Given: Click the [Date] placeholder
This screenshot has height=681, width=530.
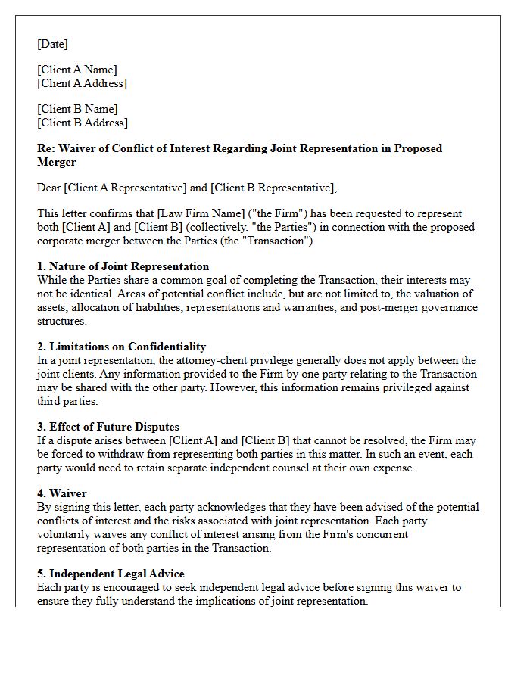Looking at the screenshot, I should pyautogui.click(x=52, y=44).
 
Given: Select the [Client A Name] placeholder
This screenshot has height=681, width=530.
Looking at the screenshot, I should pyautogui.click(x=77, y=70).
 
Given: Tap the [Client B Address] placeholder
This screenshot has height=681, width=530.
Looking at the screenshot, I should pyautogui.click(x=83, y=123).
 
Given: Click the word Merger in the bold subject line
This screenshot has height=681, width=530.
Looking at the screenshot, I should pyautogui.click(x=57, y=162).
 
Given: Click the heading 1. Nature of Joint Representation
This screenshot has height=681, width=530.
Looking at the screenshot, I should pyautogui.click(x=123, y=266).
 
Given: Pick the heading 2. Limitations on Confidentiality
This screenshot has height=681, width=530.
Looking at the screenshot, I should pyautogui.click(x=121, y=347).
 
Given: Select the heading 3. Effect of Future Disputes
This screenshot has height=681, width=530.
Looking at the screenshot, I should pyautogui.click(x=108, y=427).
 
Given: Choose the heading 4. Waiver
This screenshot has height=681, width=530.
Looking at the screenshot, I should pyautogui.click(x=62, y=493).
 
